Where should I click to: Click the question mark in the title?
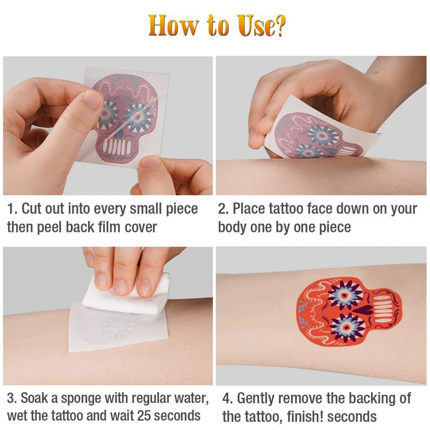278,26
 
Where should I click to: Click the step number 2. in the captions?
224,209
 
